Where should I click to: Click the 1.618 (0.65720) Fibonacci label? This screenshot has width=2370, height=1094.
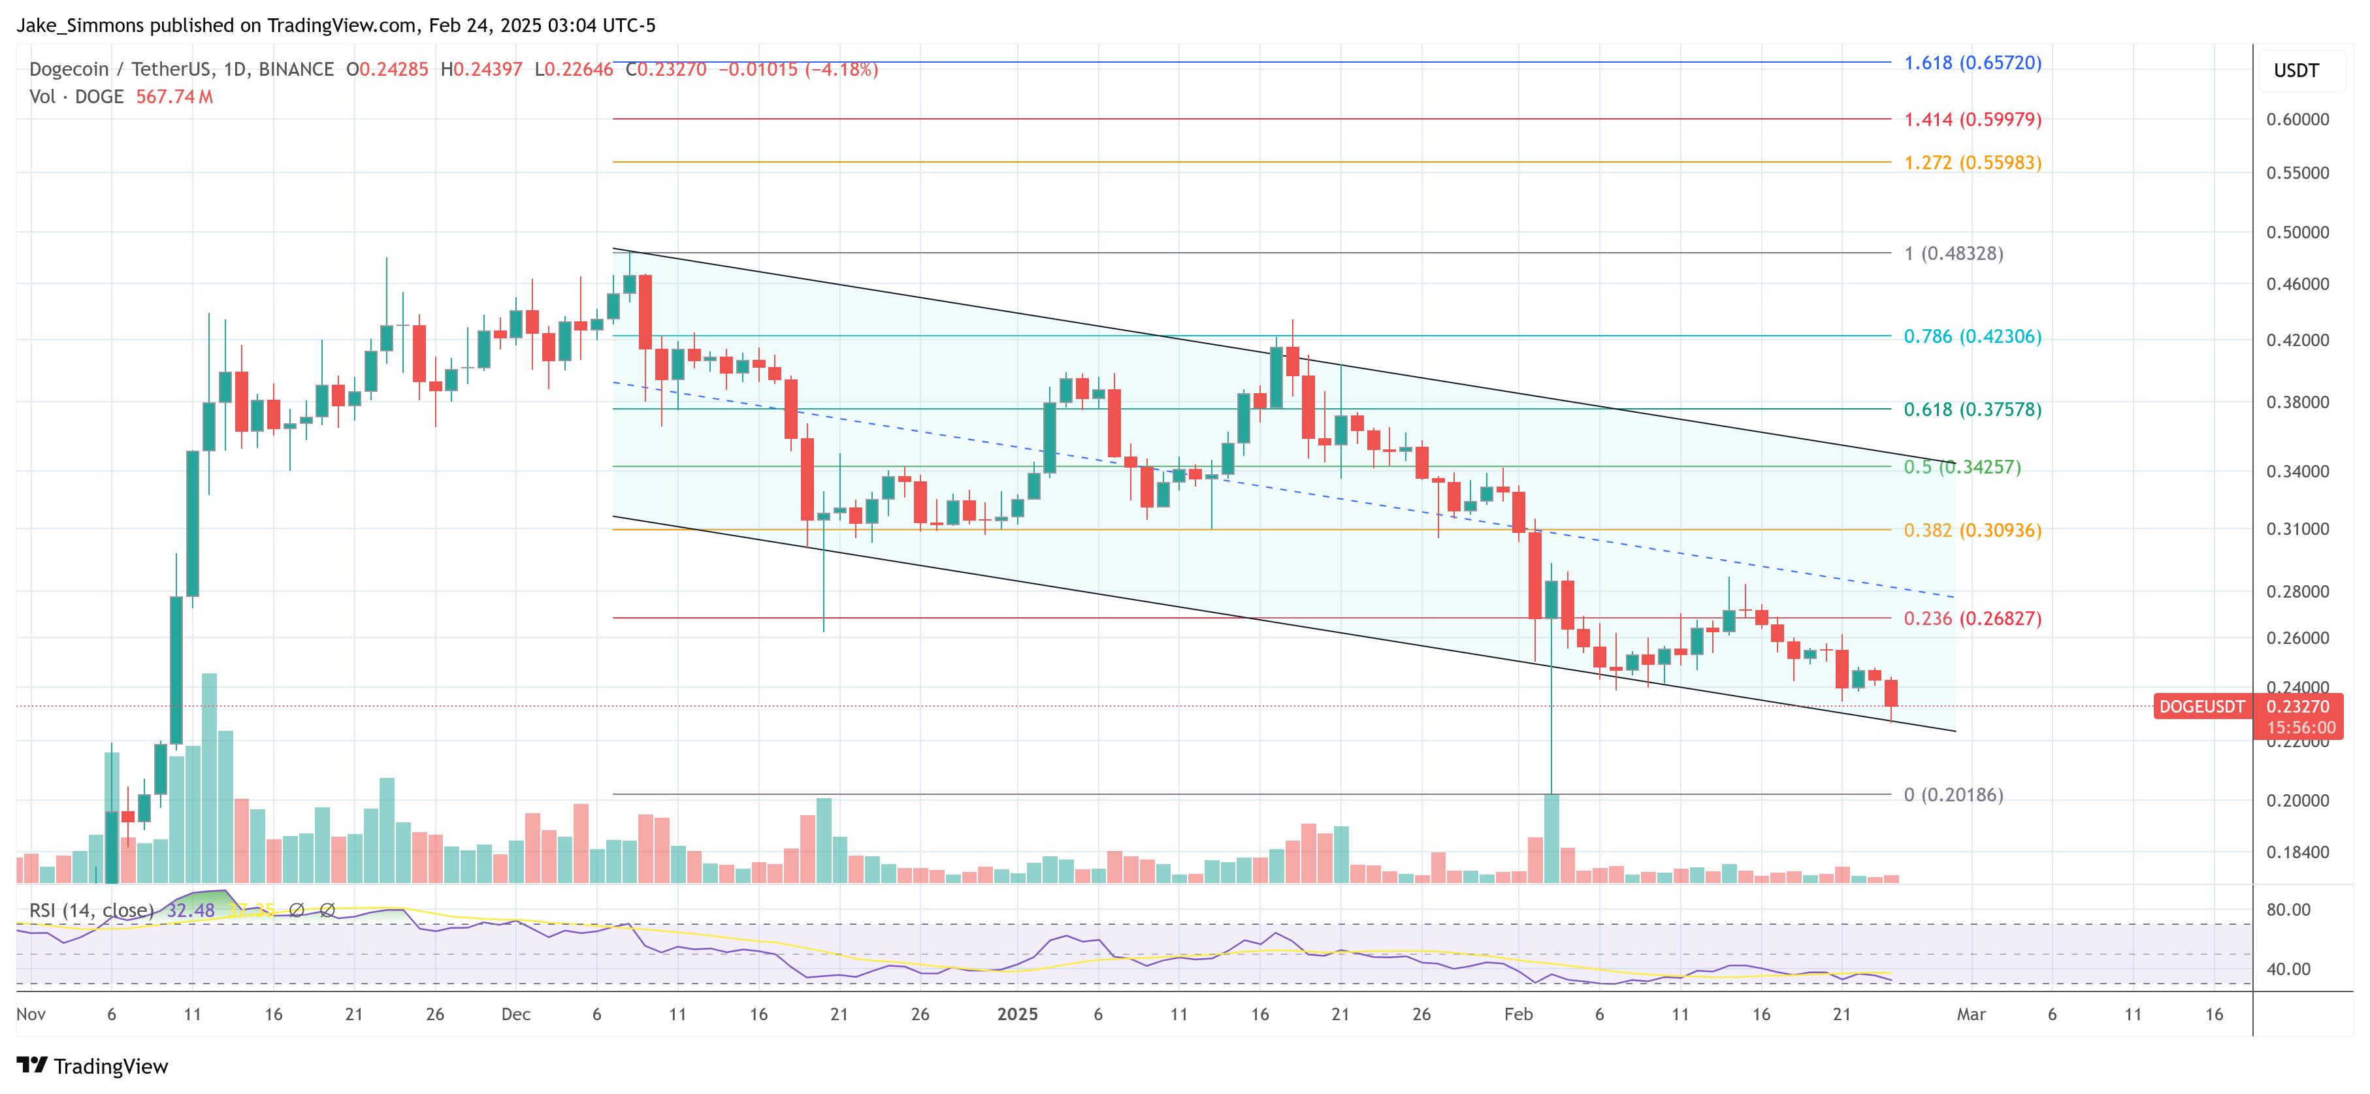click(1972, 63)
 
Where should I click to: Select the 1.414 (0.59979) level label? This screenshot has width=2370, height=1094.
click(1972, 120)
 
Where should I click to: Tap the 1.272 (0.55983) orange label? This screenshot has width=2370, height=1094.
click(1972, 163)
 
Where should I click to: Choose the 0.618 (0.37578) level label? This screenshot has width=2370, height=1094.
click(1972, 410)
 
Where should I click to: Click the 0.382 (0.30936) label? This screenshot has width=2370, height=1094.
click(1972, 530)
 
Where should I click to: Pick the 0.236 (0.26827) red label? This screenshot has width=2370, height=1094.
click(1972, 619)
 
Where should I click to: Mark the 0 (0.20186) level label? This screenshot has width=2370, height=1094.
click(1953, 795)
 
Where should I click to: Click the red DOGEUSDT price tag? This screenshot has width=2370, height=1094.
click(2201, 707)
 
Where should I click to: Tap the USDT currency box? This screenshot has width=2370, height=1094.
click(2296, 71)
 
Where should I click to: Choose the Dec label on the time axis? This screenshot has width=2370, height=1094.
click(515, 1014)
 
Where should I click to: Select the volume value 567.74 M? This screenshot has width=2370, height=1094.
click(174, 97)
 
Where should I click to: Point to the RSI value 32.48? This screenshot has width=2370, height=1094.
click(191, 910)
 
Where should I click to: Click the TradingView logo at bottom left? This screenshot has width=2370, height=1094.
click(92, 1067)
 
